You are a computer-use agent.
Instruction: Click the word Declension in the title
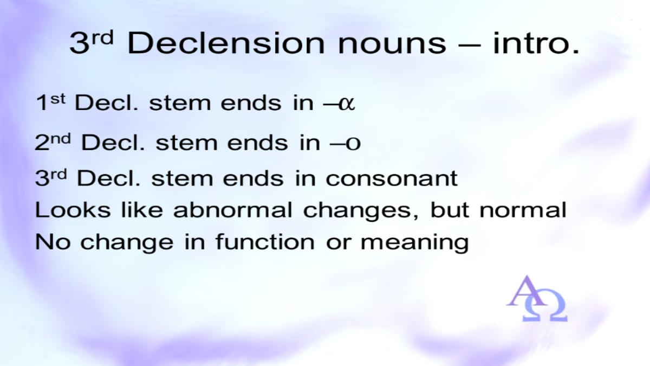(226, 43)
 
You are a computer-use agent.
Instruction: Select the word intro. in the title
(536, 43)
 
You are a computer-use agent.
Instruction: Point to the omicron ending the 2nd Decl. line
(353, 143)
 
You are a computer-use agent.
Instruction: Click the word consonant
(392, 178)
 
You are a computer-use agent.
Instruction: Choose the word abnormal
(232, 209)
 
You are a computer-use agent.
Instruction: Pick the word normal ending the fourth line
(523, 209)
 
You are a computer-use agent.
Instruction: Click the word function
(265, 241)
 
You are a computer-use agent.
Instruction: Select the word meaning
(414, 243)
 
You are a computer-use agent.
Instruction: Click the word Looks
(73, 209)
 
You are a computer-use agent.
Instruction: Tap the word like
(142, 209)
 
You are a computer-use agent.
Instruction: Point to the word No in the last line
(53, 241)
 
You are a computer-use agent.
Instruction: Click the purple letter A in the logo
(526, 291)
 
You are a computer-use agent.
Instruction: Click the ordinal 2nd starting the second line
(53, 142)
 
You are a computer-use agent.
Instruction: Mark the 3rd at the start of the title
(91, 43)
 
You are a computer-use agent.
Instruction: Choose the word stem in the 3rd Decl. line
(182, 178)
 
